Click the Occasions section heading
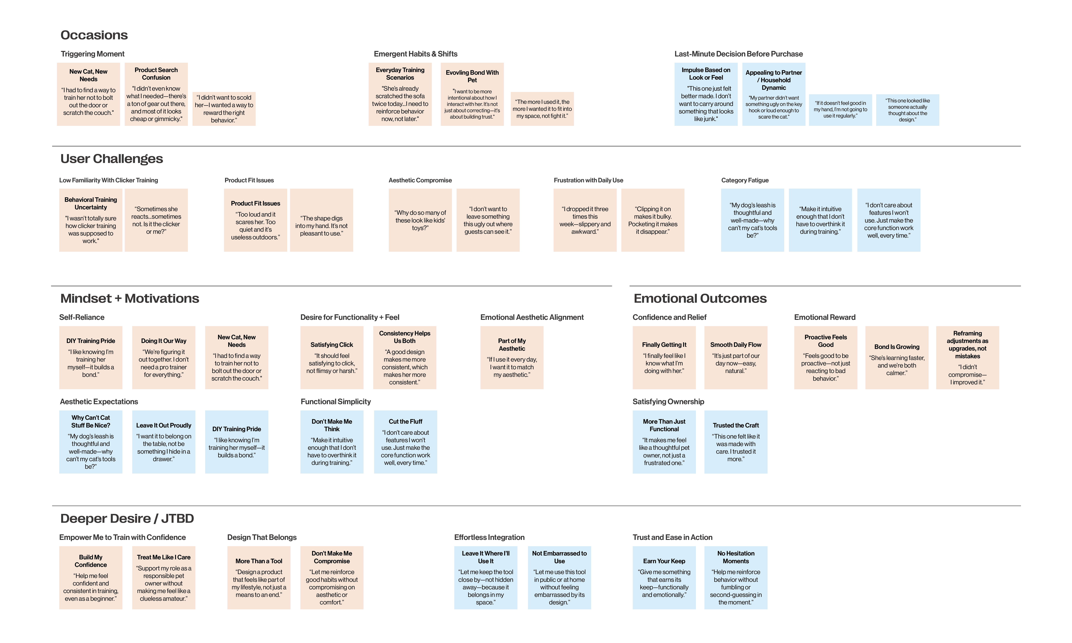click(x=94, y=35)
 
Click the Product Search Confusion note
click(x=156, y=95)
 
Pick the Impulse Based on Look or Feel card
click(x=706, y=95)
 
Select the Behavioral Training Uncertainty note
click(x=91, y=220)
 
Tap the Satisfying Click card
click(x=332, y=358)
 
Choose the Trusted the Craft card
click(x=736, y=442)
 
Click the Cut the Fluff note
click(x=405, y=442)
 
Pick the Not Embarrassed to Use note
click(x=559, y=578)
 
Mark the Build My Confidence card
click(x=91, y=578)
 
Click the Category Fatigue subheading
click(x=745, y=180)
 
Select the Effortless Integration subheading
click(x=489, y=537)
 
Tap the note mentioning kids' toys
click(x=420, y=220)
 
